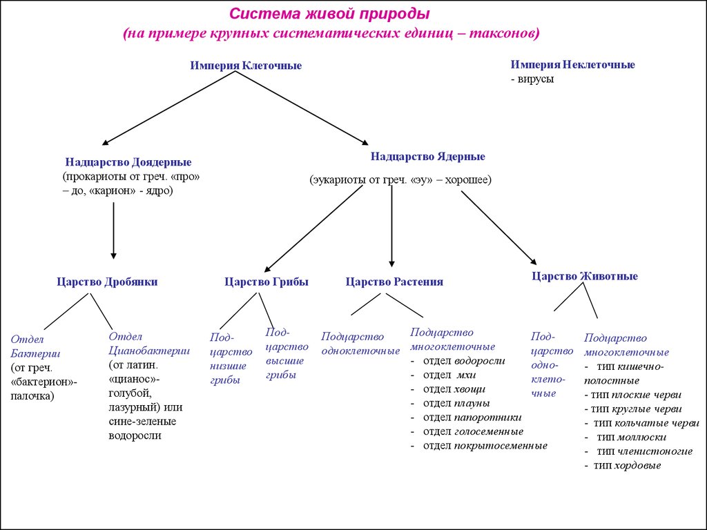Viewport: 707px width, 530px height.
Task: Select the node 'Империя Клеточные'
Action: point(246,66)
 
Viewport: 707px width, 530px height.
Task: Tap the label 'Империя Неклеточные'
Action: point(572,64)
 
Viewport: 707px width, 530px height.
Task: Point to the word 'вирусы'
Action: point(536,79)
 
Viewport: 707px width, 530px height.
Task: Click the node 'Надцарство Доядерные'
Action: point(128,162)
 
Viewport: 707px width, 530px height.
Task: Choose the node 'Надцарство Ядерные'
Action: point(427,157)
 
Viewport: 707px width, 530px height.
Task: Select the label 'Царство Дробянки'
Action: point(107,282)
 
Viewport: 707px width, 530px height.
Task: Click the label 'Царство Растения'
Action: point(394,282)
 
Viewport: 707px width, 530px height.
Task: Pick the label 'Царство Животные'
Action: point(584,276)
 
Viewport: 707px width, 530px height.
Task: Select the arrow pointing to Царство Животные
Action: point(498,227)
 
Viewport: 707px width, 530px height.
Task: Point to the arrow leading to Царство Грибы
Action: point(314,228)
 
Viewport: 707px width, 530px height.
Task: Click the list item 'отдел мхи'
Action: point(449,374)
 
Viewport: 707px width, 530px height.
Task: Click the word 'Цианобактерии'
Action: point(149,350)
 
